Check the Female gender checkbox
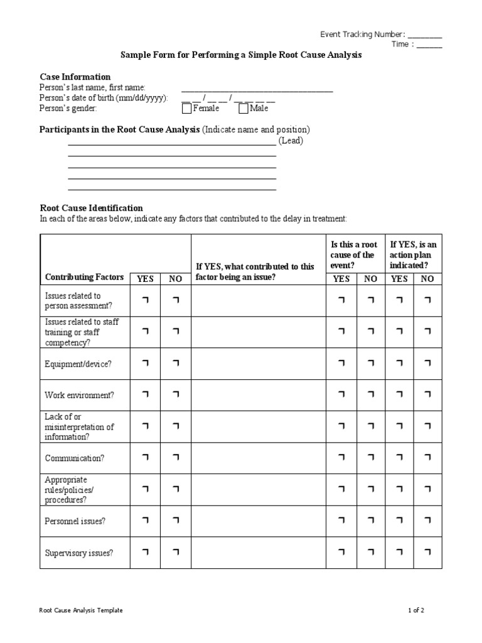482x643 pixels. tap(186, 109)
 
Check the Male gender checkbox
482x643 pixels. tap(244, 109)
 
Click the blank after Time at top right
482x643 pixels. tap(429, 45)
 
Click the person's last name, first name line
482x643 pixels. tap(257, 89)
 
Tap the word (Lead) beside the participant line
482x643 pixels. tap(291, 141)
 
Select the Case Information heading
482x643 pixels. tap(75, 77)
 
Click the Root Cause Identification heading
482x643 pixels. tap(92, 208)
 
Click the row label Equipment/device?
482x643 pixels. tap(78, 364)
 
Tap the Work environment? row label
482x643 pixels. tap(79, 396)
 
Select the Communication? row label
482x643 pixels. tap(75, 458)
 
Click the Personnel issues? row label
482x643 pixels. tap(75, 521)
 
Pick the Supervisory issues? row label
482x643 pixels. tap(79, 553)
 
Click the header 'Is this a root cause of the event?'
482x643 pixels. tap(354, 255)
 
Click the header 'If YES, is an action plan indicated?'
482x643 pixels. tap(414, 255)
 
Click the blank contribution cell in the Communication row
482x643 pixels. tap(258, 458)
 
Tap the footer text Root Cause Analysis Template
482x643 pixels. tap(81, 610)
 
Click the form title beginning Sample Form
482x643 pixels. tap(241, 56)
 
